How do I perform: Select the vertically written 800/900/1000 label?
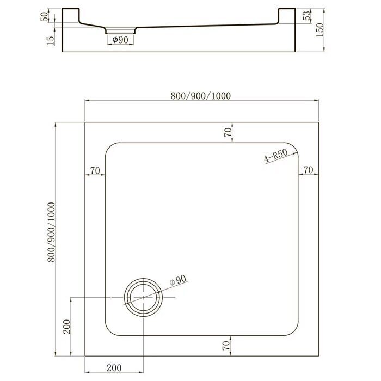pos(51,233)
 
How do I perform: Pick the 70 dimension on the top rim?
pos(229,131)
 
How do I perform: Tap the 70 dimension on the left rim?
pos(95,170)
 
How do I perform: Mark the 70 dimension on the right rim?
pos(308,170)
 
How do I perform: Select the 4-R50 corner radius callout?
pos(275,157)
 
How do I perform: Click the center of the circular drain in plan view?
pos(143,298)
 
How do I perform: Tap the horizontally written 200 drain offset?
pos(114,368)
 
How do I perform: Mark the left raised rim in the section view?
pos(70,15)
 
